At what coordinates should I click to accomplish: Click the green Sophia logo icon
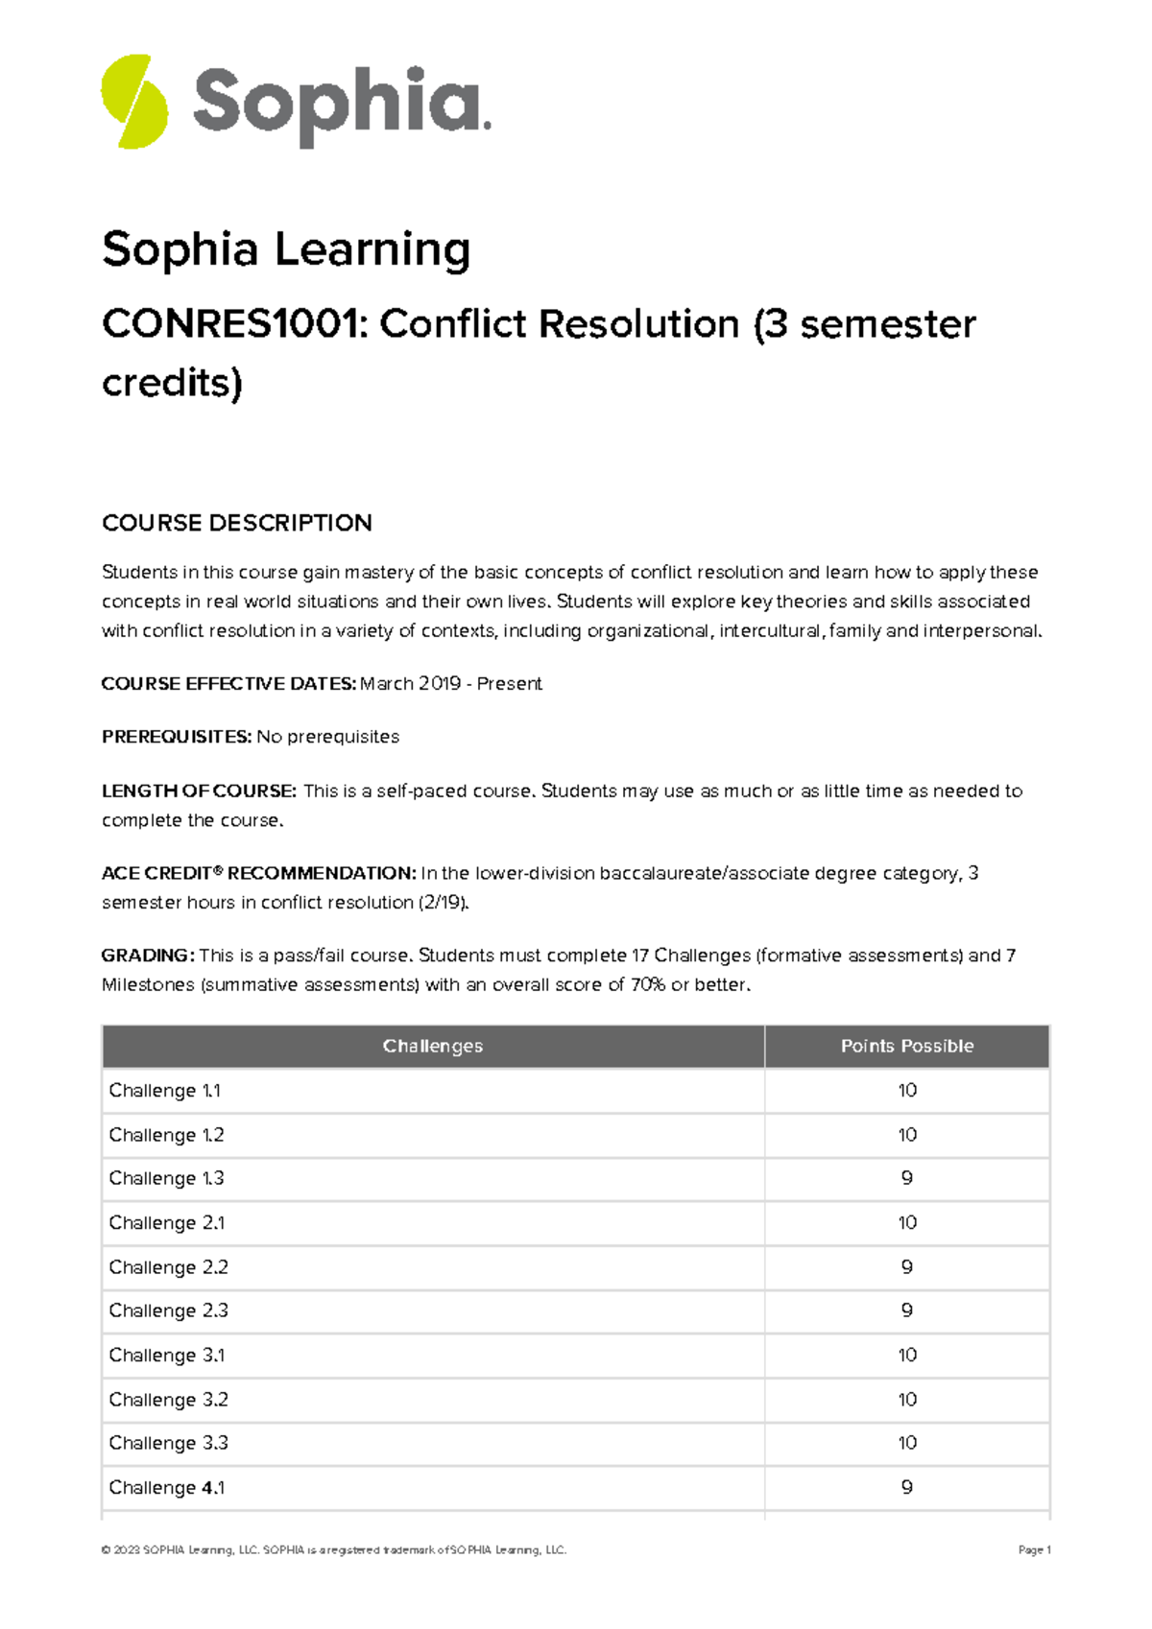pyautogui.click(x=134, y=102)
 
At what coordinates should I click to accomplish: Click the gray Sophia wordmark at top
pyautogui.click(x=341, y=104)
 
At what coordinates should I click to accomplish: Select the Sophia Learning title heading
pyautogui.click(x=286, y=249)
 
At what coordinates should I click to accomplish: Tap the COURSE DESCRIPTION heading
pyautogui.click(x=237, y=523)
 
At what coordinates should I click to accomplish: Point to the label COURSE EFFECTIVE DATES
pyautogui.click(x=228, y=684)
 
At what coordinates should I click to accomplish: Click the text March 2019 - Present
pyautogui.click(x=451, y=684)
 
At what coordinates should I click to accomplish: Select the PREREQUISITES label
pyautogui.click(x=177, y=737)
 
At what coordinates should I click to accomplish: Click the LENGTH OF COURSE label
pyautogui.click(x=199, y=791)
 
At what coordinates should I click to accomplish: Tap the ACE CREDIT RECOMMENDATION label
pyautogui.click(x=258, y=874)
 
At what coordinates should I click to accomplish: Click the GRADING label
pyautogui.click(x=148, y=956)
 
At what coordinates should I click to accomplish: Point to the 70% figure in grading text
pyautogui.click(x=648, y=985)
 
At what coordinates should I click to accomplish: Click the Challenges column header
pyautogui.click(x=432, y=1047)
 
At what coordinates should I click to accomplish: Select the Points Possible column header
pyautogui.click(x=906, y=1047)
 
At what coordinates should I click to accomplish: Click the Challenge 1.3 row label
pyautogui.click(x=166, y=1179)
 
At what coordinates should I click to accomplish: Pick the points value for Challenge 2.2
pyautogui.click(x=906, y=1267)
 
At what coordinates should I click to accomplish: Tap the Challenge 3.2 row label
pyautogui.click(x=168, y=1400)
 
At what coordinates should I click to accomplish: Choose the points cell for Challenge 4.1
pyautogui.click(x=906, y=1488)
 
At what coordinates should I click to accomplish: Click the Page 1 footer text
pyautogui.click(x=1034, y=1550)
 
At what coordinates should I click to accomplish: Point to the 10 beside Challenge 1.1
pyautogui.click(x=906, y=1091)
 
